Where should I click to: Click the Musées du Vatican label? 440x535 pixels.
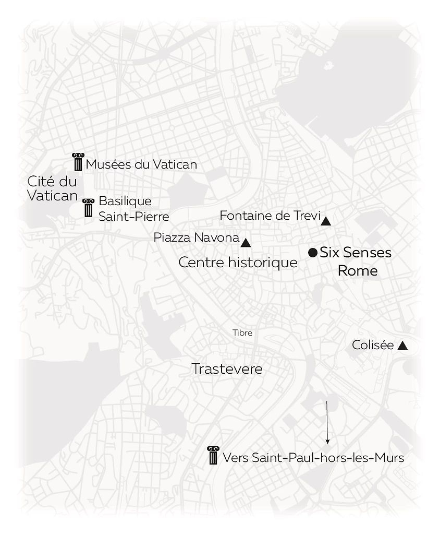[141, 164]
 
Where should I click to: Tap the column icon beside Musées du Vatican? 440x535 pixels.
[78, 162]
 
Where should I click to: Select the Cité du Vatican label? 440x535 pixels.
[52, 188]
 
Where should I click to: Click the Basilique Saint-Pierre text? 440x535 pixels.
[134, 208]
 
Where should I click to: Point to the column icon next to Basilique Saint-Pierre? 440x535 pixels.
[89, 207]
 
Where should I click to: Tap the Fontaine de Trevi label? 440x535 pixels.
[270, 216]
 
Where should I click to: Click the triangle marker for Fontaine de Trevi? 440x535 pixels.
[326, 221]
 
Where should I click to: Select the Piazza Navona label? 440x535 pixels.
[196, 238]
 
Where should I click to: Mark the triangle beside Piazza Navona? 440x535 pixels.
[246, 243]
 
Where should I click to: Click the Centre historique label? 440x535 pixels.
[238, 263]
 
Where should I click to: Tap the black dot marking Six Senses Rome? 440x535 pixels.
[313, 253]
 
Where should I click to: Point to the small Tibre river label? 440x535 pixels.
[242, 333]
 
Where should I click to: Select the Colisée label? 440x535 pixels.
[373, 345]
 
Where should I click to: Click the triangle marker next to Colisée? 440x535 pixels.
[402, 346]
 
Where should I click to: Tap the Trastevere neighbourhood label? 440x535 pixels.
[227, 369]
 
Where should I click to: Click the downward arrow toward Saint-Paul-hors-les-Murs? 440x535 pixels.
[327, 422]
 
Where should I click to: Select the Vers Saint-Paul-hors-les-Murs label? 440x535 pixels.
[313, 458]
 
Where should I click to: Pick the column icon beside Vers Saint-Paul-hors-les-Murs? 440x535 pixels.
[213, 456]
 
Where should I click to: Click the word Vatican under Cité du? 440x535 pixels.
[52, 196]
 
